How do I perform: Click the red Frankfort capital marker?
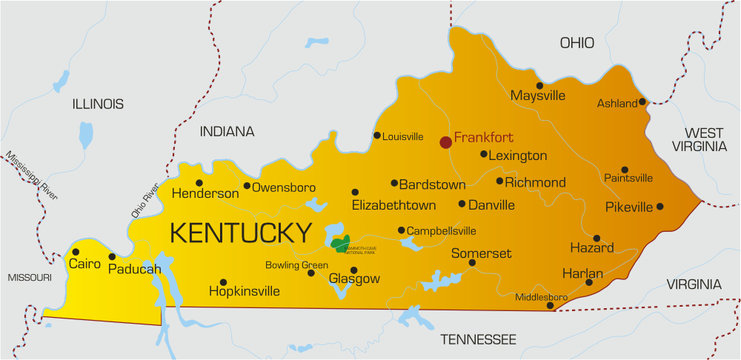pyautogui.click(x=446, y=142)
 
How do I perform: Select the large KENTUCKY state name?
pyautogui.click(x=240, y=233)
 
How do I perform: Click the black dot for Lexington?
pyautogui.click(x=484, y=154)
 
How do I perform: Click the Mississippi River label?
pyautogui.click(x=31, y=176)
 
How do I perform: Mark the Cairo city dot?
pyautogui.click(x=75, y=252)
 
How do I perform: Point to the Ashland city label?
pyautogui.click(x=616, y=103)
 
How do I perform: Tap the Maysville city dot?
pyautogui.click(x=540, y=85)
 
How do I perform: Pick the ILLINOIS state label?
pyautogui.click(x=97, y=104)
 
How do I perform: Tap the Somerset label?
pyautogui.click(x=481, y=254)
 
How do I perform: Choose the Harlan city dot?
pyautogui.click(x=589, y=283)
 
